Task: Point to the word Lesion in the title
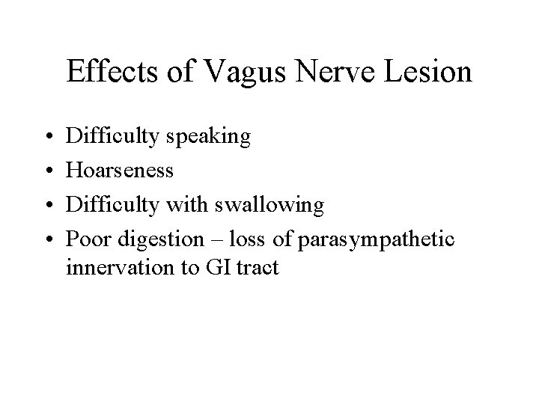[428, 73]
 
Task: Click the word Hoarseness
[120, 170]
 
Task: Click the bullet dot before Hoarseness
[47, 171]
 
